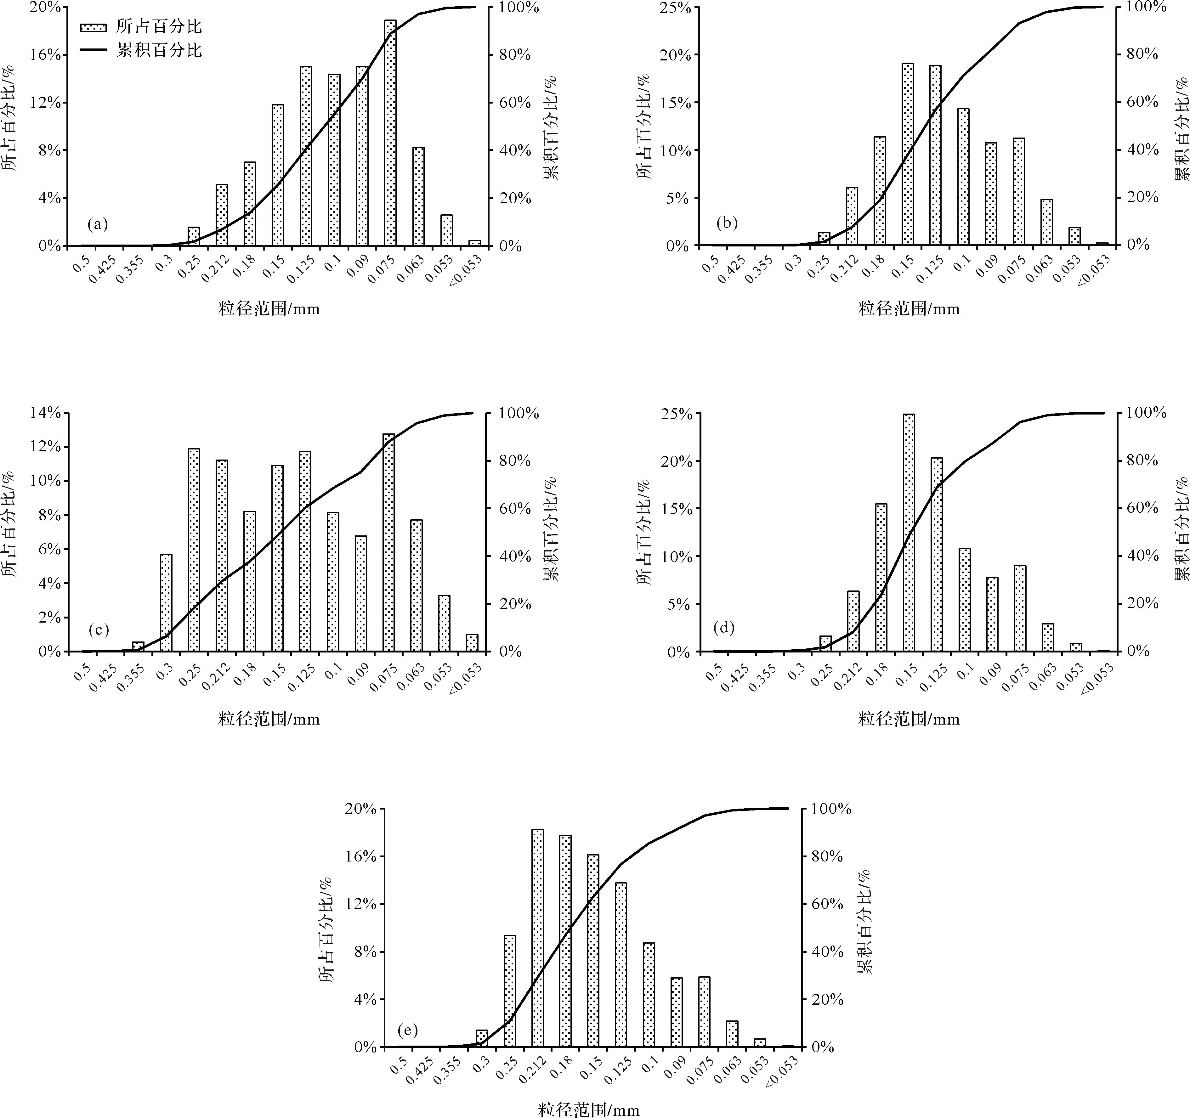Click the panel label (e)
(x=408, y=1030)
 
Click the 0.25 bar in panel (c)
(x=194, y=550)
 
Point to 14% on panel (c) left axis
(x=45, y=413)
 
